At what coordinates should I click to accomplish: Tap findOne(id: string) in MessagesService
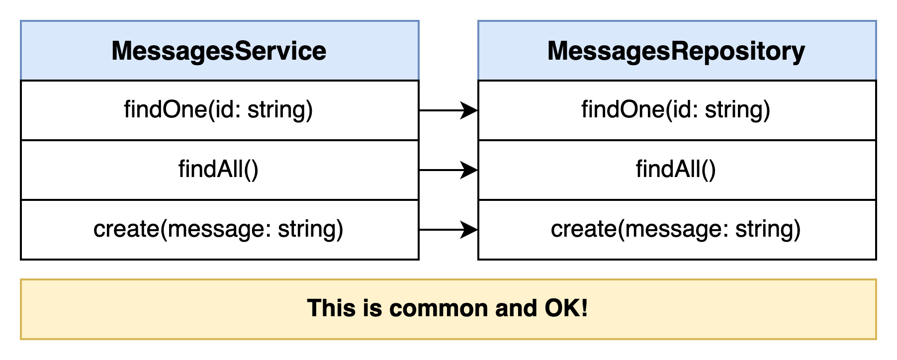click(x=219, y=110)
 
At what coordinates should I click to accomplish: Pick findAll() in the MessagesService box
click(x=219, y=170)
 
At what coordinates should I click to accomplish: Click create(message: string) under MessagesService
click(x=219, y=229)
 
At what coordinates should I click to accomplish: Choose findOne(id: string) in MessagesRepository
click(x=676, y=110)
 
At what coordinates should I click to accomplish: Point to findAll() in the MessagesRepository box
click(x=676, y=170)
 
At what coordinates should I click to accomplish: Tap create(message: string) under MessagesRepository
click(x=676, y=229)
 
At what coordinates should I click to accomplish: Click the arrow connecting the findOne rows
click(x=448, y=110)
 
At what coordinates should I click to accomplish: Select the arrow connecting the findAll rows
click(x=448, y=170)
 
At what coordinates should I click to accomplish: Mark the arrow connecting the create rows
click(x=448, y=230)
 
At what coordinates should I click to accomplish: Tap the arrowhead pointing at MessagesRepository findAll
click(x=469, y=170)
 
